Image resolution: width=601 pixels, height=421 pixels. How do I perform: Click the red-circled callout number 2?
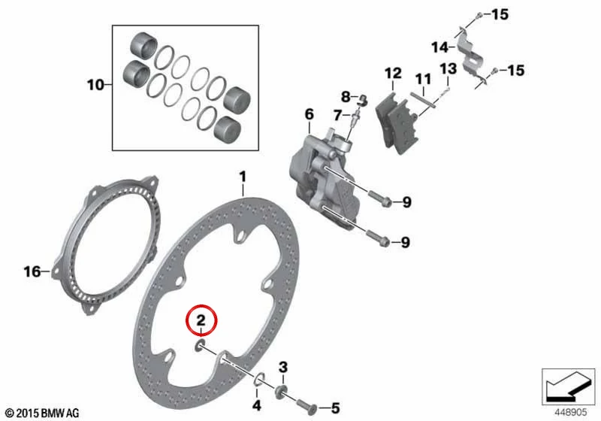[x=201, y=320]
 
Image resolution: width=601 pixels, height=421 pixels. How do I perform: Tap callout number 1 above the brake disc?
[x=243, y=177]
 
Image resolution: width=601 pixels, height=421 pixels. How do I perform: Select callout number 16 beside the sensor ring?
[x=32, y=272]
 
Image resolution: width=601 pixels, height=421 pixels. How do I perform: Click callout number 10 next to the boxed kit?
[x=95, y=85]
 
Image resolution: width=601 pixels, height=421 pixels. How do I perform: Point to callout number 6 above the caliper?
[x=310, y=114]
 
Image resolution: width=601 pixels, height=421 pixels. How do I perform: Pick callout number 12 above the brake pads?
[x=393, y=73]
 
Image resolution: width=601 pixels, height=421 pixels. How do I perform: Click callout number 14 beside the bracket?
[x=439, y=47]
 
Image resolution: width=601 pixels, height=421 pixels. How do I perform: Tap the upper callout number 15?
[x=500, y=15]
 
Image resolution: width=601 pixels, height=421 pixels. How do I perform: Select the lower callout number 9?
[x=405, y=242]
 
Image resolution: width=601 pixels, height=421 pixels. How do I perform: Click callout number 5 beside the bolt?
[x=335, y=408]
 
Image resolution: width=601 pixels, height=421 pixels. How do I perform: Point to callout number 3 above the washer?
[x=283, y=368]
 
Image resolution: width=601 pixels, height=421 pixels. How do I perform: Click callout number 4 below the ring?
[x=257, y=405]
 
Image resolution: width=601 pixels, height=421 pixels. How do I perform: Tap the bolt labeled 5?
[x=306, y=406]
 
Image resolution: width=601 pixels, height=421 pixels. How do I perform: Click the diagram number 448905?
[x=571, y=412]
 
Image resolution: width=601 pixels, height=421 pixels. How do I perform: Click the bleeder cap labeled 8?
[x=362, y=100]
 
